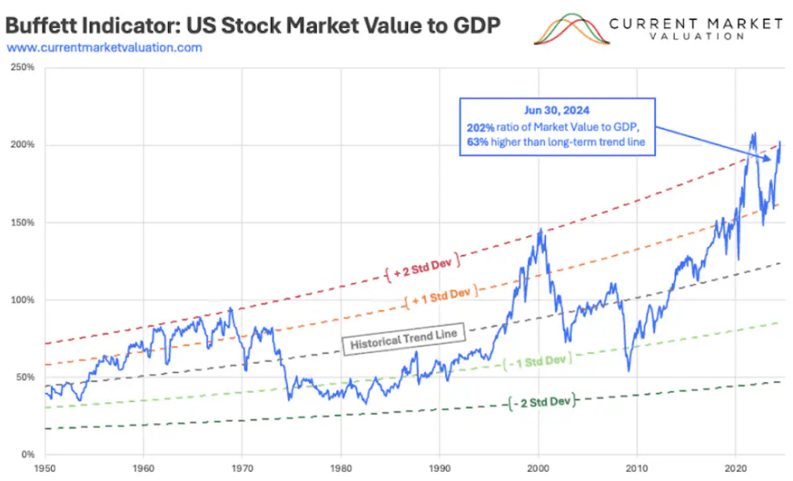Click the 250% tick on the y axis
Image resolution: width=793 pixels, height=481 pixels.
(x=24, y=67)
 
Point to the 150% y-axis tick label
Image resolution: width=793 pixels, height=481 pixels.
(x=24, y=222)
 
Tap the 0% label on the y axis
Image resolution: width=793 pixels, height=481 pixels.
(x=28, y=455)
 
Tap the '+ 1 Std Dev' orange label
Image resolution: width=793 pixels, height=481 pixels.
(x=440, y=293)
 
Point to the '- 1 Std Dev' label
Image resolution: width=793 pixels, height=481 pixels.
(x=538, y=360)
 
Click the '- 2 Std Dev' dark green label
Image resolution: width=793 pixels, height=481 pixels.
(x=544, y=401)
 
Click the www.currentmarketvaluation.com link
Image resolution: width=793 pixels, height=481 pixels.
(x=105, y=47)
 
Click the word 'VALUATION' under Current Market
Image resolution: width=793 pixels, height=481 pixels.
(x=694, y=36)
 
